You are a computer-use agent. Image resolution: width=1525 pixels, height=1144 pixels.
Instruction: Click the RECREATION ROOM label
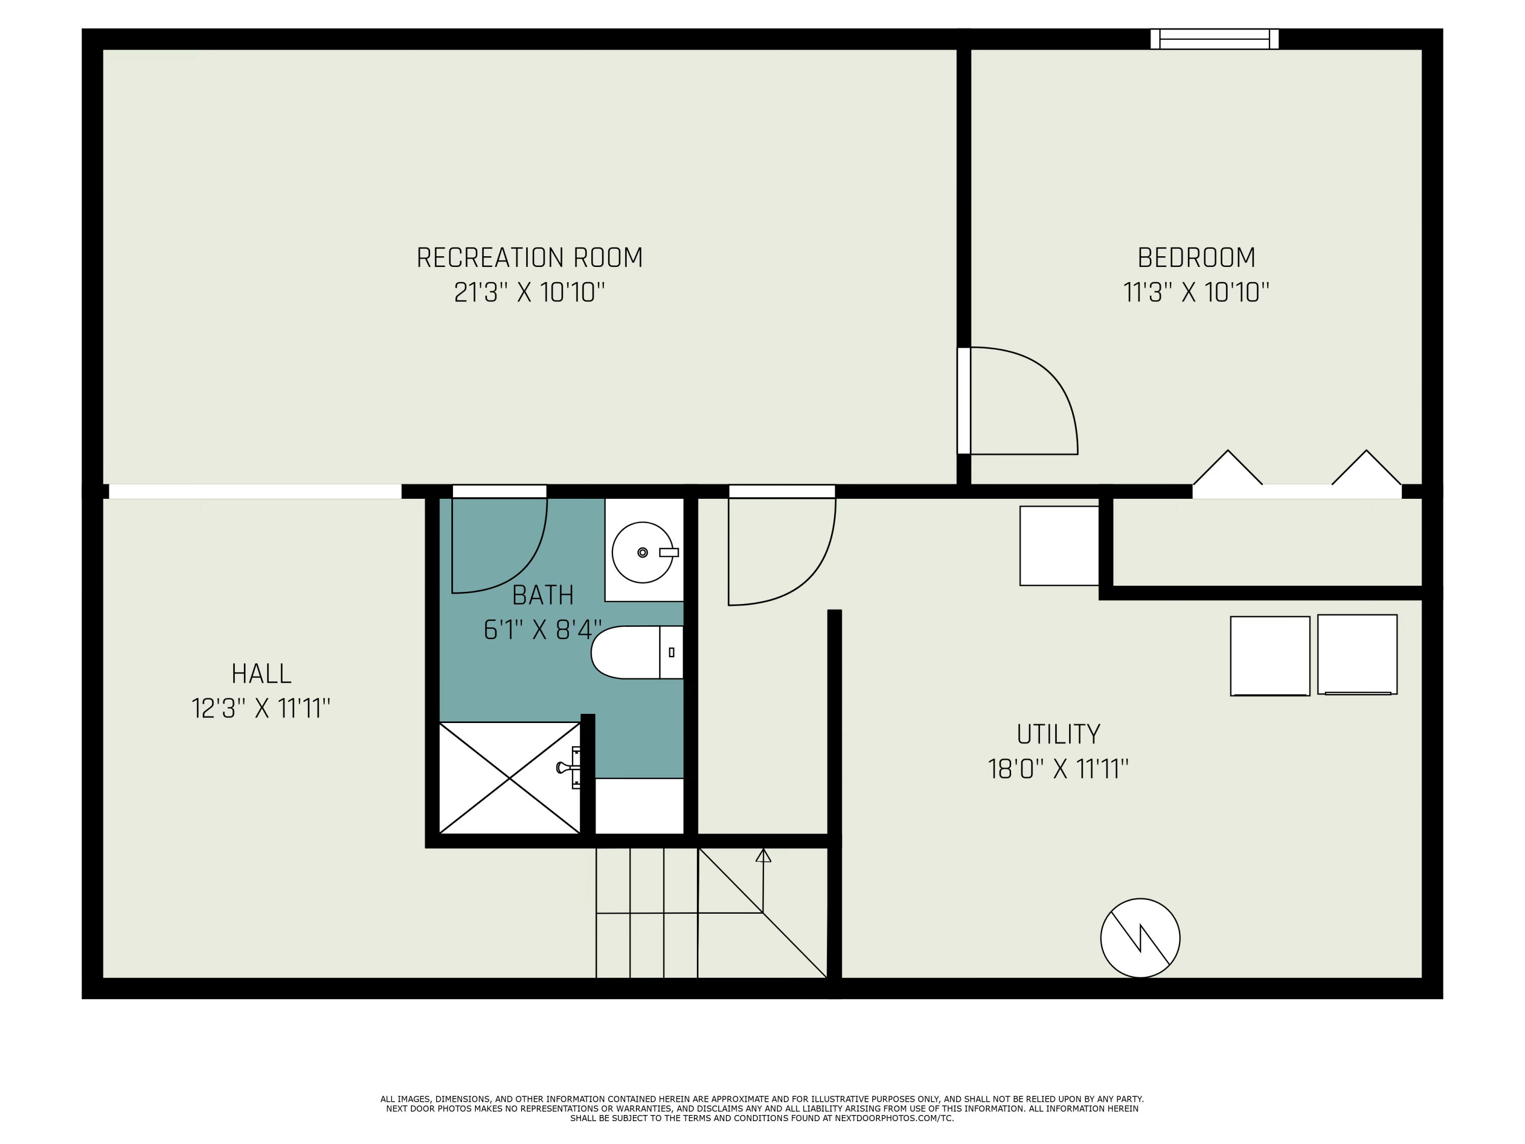(530, 258)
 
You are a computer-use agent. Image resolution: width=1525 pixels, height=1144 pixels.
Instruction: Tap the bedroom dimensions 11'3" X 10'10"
(1196, 292)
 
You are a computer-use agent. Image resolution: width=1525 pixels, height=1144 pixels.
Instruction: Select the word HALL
(261, 674)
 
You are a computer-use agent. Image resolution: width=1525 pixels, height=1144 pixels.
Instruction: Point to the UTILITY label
(1058, 734)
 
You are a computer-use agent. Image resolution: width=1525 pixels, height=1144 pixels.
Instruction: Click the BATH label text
(542, 595)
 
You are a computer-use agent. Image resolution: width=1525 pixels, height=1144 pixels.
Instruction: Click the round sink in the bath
(642, 552)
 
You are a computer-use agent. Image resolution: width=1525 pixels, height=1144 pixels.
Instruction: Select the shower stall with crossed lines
(509, 778)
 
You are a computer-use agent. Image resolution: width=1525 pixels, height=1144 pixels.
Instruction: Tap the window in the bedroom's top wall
(1214, 39)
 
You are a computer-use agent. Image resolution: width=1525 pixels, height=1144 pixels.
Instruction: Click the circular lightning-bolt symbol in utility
(1140, 938)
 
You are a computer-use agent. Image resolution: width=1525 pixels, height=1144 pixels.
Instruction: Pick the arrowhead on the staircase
(763, 856)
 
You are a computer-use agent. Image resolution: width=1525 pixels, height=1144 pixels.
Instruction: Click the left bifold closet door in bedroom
(1227, 469)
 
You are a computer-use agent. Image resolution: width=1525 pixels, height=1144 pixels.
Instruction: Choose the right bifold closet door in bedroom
(1366, 469)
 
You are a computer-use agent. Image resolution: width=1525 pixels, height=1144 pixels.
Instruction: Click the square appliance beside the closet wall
(1059, 546)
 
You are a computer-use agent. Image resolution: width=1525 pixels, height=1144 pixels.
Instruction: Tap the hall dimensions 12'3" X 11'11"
(261, 708)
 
